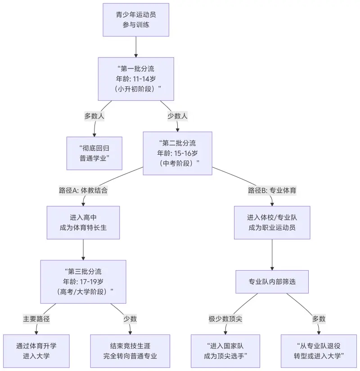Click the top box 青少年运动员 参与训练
coord(136,20)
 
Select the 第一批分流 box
coord(136,79)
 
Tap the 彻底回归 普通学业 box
coord(94,153)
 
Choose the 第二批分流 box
coord(177,153)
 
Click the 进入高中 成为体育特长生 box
coord(83,223)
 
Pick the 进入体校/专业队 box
coord(272,223)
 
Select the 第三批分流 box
coord(83,282)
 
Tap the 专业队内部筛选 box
coord(272,282)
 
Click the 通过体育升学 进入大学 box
coord(36,351)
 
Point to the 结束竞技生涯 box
coord(130,351)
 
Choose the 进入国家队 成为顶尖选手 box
coord(225,351)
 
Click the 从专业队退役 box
coord(319,351)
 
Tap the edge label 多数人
coord(94,116)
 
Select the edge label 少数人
coord(177,116)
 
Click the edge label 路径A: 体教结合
coord(83,190)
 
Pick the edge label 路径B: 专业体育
coord(272,190)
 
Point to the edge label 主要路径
coord(36,319)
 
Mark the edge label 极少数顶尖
coord(225,319)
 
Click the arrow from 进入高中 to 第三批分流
coord(83,250)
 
